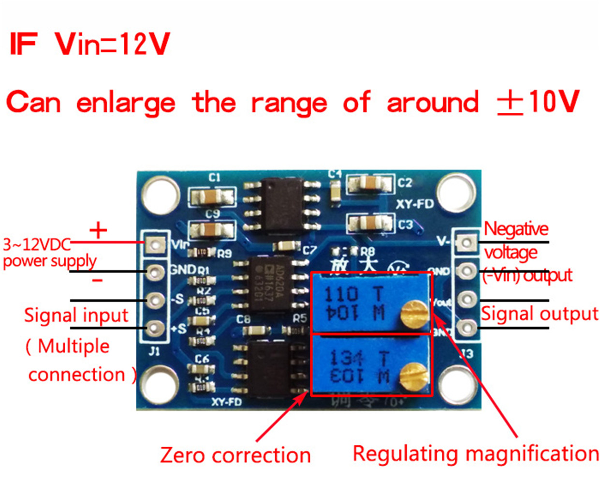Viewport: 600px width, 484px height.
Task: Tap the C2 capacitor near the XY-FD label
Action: (370, 183)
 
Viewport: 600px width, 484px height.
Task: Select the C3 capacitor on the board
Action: (370, 224)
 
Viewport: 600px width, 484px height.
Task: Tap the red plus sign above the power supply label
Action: (98, 230)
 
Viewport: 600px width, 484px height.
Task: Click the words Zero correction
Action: (235, 455)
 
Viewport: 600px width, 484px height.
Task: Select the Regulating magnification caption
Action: (476, 454)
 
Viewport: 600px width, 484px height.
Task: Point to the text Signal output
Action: (539, 314)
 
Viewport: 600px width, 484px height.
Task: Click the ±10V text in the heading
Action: (538, 102)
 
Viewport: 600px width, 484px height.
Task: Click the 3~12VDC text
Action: (37, 244)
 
